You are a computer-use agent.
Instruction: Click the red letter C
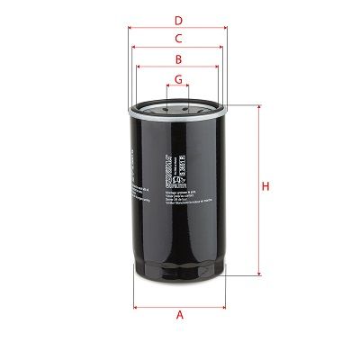(178, 38)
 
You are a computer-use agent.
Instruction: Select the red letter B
(178, 59)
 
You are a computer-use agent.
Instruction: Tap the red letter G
(178, 79)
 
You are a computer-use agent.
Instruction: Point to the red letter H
(265, 186)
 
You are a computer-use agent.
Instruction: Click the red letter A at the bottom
(179, 315)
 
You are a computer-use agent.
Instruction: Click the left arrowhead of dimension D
(131, 27)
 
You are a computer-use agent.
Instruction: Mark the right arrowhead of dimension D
(226, 27)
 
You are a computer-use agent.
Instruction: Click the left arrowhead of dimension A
(136, 305)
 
